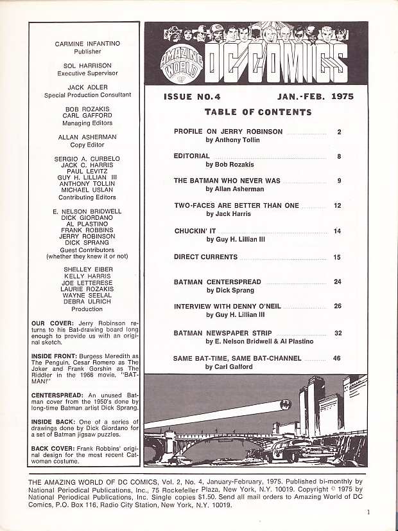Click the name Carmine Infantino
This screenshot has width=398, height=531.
click(x=88, y=44)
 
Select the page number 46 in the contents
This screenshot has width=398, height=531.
click(x=337, y=358)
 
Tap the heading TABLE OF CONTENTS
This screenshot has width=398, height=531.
click(x=257, y=112)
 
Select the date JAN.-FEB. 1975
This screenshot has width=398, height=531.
click(x=316, y=96)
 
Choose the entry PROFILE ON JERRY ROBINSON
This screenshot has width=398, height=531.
click(x=228, y=132)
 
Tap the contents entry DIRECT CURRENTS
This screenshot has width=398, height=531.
click(x=205, y=257)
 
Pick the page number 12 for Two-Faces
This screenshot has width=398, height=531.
click(x=337, y=206)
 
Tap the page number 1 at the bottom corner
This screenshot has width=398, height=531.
click(x=368, y=512)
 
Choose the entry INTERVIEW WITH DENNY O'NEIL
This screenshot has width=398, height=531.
click(x=227, y=307)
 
